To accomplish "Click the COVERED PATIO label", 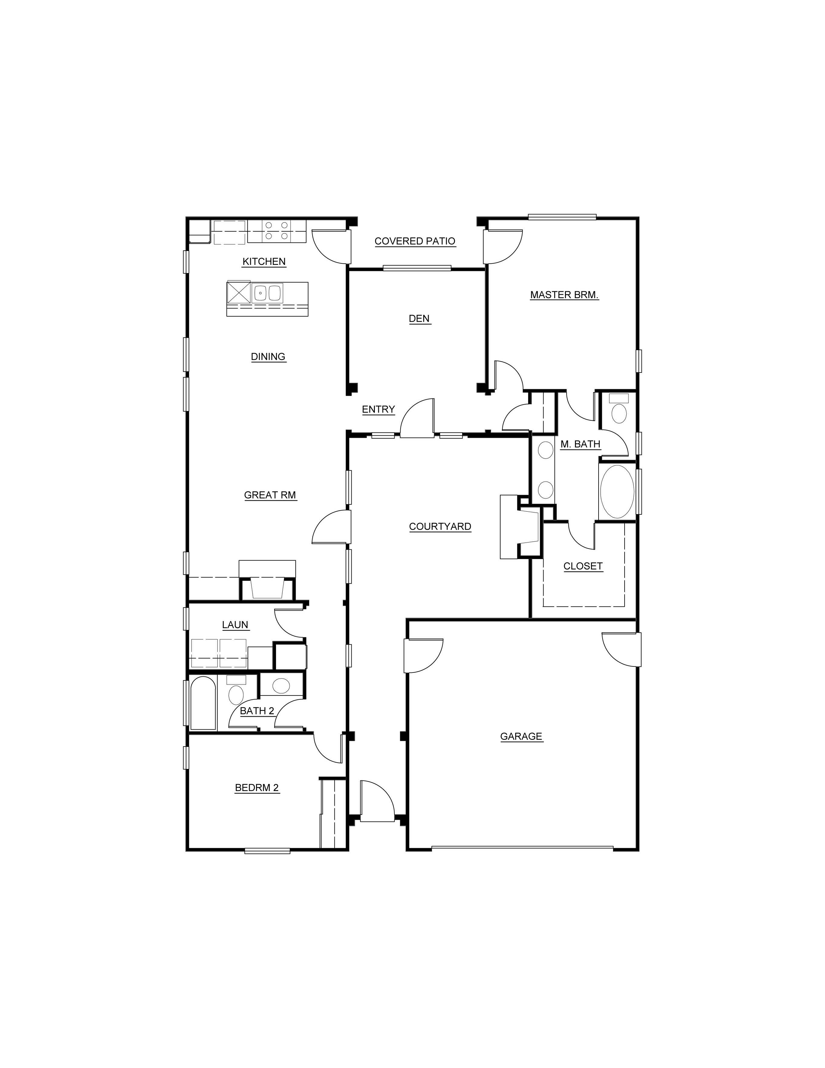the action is click(x=415, y=241).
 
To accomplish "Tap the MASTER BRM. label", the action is click(x=564, y=295).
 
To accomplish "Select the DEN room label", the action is click(x=419, y=319).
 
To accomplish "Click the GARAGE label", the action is click(x=521, y=737).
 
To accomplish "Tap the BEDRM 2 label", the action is click(x=257, y=788).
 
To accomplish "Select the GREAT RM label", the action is click(x=270, y=495).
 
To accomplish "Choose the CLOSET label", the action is click(x=583, y=566).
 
